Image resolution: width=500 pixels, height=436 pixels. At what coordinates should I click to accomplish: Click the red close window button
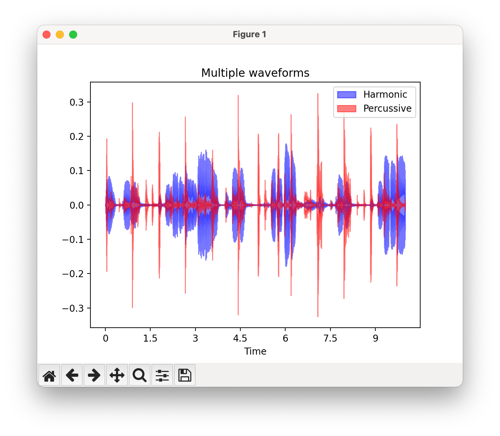pyautogui.click(x=47, y=35)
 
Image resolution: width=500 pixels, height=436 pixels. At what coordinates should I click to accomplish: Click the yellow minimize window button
pyautogui.click(x=60, y=35)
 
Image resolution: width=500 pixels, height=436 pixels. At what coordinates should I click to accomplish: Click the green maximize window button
pyautogui.click(x=73, y=35)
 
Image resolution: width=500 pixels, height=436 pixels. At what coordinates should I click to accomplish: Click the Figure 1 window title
pyautogui.click(x=249, y=35)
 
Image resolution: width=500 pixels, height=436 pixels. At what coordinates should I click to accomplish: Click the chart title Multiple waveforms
pyautogui.click(x=255, y=73)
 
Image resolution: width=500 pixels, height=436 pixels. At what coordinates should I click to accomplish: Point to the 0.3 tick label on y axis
pyautogui.click(x=76, y=102)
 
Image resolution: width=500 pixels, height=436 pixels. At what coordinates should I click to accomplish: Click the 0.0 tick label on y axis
pyautogui.click(x=76, y=205)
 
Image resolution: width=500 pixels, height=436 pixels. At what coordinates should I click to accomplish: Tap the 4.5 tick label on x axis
pyautogui.click(x=240, y=339)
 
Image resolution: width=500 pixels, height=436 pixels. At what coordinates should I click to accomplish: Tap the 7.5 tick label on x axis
pyautogui.click(x=330, y=339)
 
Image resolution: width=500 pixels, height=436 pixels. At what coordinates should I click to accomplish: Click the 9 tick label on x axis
pyautogui.click(x=375, y=339)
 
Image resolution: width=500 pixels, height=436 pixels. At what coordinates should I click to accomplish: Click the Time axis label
pyautogui.click(x=255, y=352)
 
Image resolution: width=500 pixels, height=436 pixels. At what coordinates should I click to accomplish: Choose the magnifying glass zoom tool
pyautogui.click(x=140, y=375)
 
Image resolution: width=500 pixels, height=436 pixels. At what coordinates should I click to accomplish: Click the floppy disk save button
pyautogui.click(x=185, y=375)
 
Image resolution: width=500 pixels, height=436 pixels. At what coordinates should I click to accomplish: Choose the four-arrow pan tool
pyautogui.click(x=117, y=375)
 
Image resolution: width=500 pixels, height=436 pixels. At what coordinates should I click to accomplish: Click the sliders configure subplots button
pyautogui.click(x=162, y=375)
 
